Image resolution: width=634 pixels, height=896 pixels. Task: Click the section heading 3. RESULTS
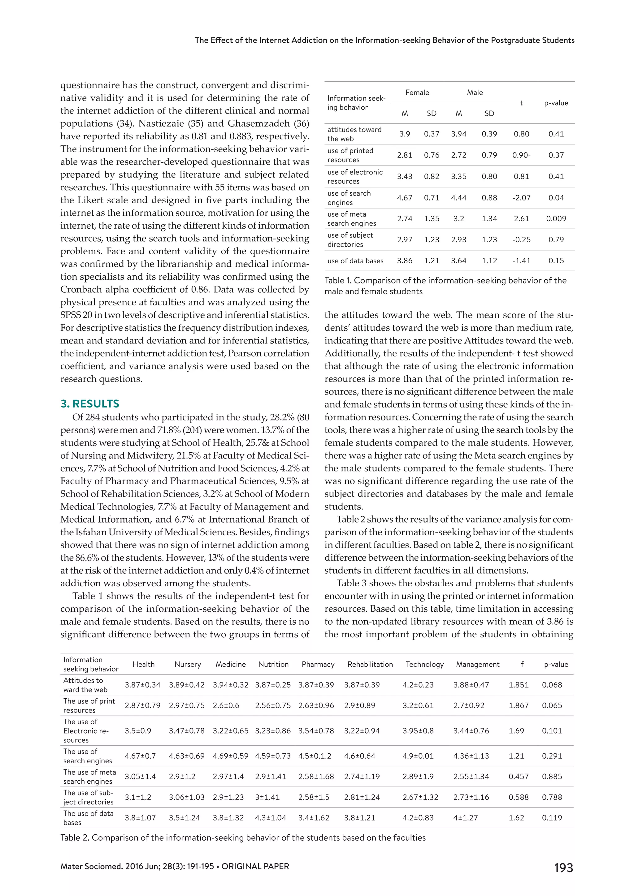tap(90, 403)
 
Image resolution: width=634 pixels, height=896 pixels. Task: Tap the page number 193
tap(563, 868)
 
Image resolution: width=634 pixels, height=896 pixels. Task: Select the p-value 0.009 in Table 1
tap(556, 218)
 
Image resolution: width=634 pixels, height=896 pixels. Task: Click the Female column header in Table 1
tap(417, 93)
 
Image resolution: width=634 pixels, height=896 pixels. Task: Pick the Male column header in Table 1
tap(475, 93)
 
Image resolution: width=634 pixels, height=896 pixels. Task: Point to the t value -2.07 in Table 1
tap(521, 197)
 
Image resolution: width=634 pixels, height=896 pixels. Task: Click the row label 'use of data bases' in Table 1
tap(355, 261)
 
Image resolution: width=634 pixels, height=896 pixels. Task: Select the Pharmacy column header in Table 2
tap(318, 664)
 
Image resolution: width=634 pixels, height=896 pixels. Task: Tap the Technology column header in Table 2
tap(424, 664)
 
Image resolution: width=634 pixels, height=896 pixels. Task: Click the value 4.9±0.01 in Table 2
tap(418, 756)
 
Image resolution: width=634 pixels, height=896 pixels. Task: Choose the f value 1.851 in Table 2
tap(519, 685)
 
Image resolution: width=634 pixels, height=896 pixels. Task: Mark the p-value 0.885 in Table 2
tap(552, 777)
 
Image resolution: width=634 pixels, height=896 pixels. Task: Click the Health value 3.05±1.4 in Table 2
tap(140, 777)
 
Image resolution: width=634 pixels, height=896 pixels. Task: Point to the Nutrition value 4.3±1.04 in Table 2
tap(271, 817)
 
